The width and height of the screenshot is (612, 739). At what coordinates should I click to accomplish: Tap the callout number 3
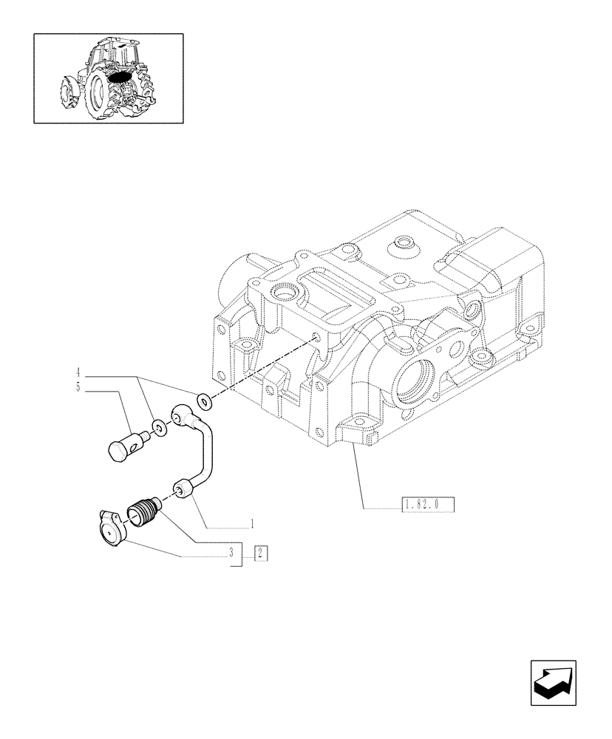point(231,552)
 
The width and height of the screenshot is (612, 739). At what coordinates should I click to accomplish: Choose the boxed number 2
point(259,553)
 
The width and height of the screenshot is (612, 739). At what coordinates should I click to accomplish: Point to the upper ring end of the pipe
point(180,416)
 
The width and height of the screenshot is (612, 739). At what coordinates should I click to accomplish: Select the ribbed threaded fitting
point(144,511)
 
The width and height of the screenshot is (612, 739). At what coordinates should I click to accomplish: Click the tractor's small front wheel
point(67,94)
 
